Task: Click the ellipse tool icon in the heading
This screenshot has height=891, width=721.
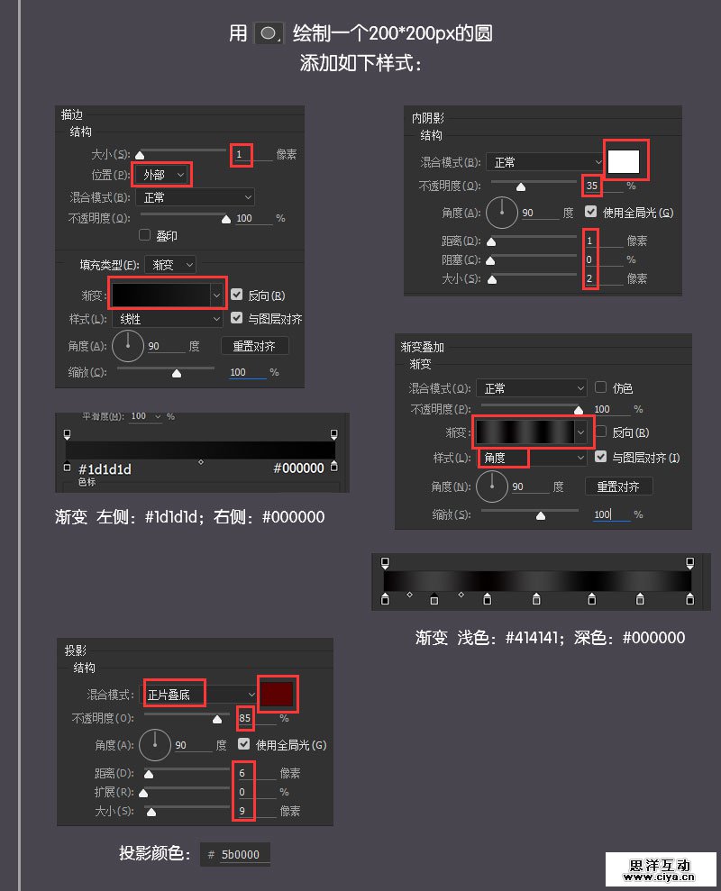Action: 269,34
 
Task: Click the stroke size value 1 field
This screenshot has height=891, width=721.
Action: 241,154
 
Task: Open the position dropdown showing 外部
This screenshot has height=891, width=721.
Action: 163,174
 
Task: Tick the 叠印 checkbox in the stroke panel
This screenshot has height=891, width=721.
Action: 144,235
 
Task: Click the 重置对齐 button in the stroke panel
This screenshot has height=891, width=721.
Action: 254,346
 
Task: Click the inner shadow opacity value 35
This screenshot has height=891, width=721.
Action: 592,186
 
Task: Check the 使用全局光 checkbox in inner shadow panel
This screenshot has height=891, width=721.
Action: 591,213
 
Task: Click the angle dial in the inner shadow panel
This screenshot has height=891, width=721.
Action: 502,213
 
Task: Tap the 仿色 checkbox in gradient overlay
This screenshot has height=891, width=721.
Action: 600,388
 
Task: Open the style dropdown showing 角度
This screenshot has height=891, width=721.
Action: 532,458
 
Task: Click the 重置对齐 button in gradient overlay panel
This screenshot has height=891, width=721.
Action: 618,486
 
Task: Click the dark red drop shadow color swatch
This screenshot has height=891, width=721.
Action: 277,694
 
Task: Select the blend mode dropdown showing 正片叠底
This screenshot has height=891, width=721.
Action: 200,695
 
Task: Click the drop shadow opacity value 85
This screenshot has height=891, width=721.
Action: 245,719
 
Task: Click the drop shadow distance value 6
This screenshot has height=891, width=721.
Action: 242,773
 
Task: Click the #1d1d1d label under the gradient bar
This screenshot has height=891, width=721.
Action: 105,468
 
